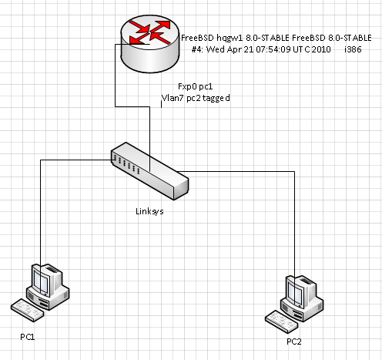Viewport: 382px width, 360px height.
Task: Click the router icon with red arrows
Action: [x=150, y=44]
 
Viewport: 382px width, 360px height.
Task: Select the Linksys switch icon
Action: [x=150, y=171]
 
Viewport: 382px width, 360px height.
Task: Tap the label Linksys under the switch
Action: [x=149, y=211]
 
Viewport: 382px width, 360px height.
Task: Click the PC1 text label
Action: [x=28, y=337]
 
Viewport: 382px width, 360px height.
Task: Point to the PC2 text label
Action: [x=294, y=341]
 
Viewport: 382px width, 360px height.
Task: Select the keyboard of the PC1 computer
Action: [x=27, y=311]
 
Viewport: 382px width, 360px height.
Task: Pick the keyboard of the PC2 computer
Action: [x=282, y=322]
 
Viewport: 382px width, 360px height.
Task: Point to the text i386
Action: [x=353, y=49]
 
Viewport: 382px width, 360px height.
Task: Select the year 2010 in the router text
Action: [x=321, y=49]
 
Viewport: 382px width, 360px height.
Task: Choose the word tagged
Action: [x=216, y=99]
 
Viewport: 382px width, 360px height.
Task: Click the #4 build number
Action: [x=197, y=49]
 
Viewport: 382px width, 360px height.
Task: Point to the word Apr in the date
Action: [x=235, y=49]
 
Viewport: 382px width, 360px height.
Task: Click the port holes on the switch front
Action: [x=126, y=163]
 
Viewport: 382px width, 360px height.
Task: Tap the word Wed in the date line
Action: [x=216, y=49]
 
